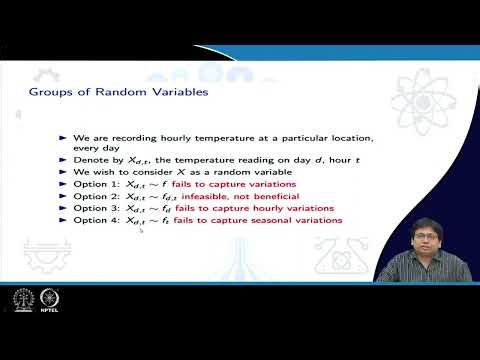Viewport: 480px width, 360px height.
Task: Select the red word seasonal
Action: (285, 220)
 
